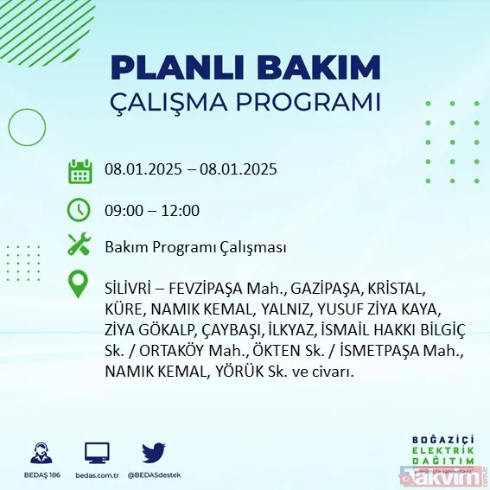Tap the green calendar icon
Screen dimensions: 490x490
pyautogui.click(x=80, y=170)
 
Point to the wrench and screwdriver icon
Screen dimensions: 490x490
pyautogui.click(x=80, y=247)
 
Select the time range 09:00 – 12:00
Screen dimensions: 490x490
pyautogui.click(x=152, y=210)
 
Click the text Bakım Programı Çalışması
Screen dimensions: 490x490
pyautogui.click(x=195, y=248)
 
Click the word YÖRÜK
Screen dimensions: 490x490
pyautogui.click(x=252, y=372)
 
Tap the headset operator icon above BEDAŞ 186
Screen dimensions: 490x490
pyautogui.click(x=40, y=453)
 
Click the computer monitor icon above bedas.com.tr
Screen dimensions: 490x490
pyautogui.click(x=97, y=453)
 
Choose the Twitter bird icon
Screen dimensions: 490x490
pyautogui.click(x=154, y=453)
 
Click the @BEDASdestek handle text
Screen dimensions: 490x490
pyautogui.click(x=154, y=475)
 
